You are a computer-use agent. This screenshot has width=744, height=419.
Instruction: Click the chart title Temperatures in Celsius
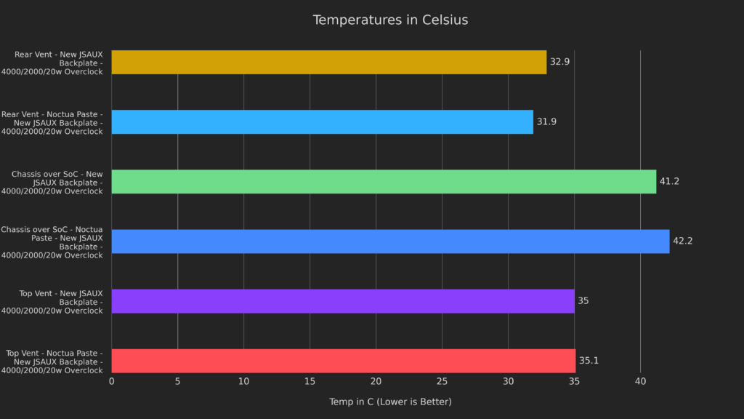pyautogui.click(x=390, y=20)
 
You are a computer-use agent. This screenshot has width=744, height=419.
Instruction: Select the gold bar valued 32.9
pyautogui.click(x=328, y=62)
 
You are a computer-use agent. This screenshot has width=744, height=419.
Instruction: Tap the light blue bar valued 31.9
pyautogui.click(x=322, y=121)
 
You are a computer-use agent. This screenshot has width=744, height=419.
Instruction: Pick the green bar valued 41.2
pyautogui.click(x=384, y=181)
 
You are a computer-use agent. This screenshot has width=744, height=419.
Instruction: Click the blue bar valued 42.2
pyautogui.click(x=390, y=241)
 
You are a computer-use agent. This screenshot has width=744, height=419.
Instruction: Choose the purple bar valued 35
pyautogui.click(x=343, y=300)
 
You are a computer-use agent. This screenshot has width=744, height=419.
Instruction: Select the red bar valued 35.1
pyautogui.click(x=343, y=360)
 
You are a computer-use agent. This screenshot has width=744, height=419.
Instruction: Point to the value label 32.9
pyautogui.click(x=559, y=62)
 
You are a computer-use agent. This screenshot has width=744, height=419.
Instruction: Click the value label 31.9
pyautogui.click(x=546, y=121)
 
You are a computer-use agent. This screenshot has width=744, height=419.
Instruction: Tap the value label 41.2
pyautogui.click(x=669, y=181)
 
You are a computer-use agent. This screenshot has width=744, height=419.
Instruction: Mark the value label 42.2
pyautogui.click(x=682, y=241)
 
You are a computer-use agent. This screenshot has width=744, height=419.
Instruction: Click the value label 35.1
pyautogui.click(x=589, y=360)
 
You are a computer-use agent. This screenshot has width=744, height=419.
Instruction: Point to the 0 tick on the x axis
pyautogui.click(x=111, y=381)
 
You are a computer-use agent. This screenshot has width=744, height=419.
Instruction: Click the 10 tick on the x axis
pyautogui.click(x=243, y=381)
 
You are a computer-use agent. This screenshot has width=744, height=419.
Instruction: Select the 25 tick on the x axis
pyautogui.click(x=442, y=381)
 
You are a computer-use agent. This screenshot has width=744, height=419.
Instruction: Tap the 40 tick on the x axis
pyautogui.click(x=640, y=381)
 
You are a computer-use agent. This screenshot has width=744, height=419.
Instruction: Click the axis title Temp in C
pyautogui.click(x=390, y=402)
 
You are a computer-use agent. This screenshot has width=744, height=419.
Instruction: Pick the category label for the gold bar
pyautogui.click(x=58, y=63)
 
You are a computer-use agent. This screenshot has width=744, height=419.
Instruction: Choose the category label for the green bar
pyautogui.click(x=57, y=182)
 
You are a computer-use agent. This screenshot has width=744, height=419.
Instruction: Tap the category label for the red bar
pyautogui.click(x=54, y=361)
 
